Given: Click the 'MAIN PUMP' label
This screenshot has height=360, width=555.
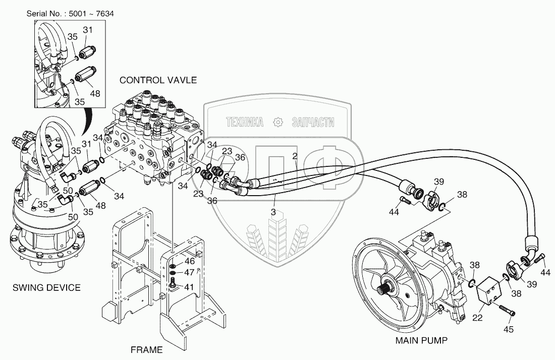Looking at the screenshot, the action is [x=421, y=340].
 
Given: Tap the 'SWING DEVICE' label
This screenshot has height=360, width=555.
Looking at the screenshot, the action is [x=46, y=288].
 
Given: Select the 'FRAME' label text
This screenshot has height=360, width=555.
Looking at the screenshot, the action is [x=146, y=350].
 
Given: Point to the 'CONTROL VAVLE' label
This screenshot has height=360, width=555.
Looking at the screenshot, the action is [x=158, y=80].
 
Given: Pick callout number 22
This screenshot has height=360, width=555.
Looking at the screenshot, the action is [x=477, y=318].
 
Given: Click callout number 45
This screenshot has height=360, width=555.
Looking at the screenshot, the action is [x=508, y=330].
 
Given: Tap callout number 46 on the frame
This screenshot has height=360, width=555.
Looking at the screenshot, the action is [x=190, y=261].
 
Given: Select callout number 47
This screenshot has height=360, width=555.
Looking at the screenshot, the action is [x=190, y=273].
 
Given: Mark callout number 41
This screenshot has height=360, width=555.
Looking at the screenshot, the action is [x=189, y=287].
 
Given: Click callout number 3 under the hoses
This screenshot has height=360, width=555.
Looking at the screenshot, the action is [x=273, y=212].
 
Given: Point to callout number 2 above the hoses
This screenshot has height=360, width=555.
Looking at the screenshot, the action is [x=295, y=156].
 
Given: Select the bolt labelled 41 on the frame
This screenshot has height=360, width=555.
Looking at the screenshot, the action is [x=173, y=282].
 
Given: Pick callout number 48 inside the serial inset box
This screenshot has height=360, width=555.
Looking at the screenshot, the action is [x=95, y=94].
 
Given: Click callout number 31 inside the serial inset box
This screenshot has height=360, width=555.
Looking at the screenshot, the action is [x=88, y=30].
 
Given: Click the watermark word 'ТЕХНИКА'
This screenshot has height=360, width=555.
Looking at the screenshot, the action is [x=245, y=123].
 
